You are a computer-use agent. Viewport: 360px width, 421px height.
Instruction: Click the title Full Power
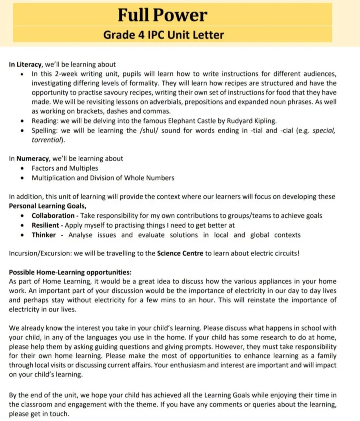(162, 15)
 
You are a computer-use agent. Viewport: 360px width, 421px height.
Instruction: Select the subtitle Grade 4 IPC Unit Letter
(163, 34)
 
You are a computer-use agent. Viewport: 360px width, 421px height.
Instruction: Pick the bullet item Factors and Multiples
(65, 168)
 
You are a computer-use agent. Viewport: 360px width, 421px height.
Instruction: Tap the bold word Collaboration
(53, 216)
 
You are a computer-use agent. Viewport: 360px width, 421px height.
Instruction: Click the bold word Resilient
(45, 225)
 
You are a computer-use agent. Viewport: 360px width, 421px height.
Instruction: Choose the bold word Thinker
(44, 235)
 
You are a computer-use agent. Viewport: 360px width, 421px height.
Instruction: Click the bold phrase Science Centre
(180, 253)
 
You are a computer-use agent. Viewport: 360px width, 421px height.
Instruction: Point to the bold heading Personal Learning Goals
(47, 206)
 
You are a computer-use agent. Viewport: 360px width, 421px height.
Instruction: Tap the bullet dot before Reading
(22, 121)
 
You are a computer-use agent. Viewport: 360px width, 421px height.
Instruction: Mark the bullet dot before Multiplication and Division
(22, 178)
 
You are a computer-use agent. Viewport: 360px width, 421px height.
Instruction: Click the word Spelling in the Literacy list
(45, 130)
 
